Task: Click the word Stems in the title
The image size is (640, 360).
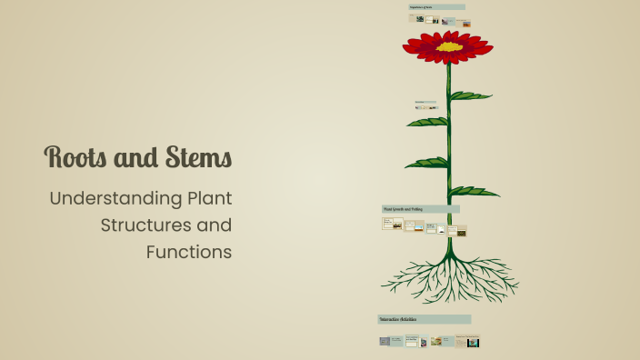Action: [198, 158]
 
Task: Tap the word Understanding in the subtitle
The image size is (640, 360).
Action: [115, 197]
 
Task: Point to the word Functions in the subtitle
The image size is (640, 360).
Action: [189, 252]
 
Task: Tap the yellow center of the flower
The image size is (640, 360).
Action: [448, 45]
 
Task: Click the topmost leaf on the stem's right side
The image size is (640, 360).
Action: [471, 95]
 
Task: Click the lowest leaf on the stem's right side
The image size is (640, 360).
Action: [475, 191]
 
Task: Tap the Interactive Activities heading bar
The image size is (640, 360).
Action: [424, 319]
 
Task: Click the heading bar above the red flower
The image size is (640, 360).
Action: [436, 7]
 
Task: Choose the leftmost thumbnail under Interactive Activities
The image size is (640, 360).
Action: [385, 341]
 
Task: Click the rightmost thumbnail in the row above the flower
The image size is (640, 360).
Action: [465, 23]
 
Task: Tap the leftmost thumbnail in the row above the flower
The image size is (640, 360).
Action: [419, 19]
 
